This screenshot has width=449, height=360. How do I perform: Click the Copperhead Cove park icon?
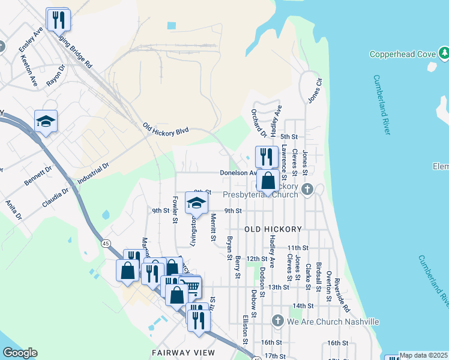[x=444, y=55]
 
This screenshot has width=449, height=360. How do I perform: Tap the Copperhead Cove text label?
[x=402, y=55]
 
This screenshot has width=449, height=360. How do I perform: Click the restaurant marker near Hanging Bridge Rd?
[x=58, y=20]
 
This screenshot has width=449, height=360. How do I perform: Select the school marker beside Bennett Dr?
[x=46, y=122]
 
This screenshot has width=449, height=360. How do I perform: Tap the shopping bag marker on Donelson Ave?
[x=268, y=180]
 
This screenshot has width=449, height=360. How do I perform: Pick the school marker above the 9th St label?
[x=196, y=204]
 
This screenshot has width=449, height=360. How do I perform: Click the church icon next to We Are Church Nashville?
[x=277, y=321]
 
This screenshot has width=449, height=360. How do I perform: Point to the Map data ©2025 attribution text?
[x=423, y=355]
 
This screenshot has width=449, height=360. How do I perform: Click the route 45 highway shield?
[x=106, y=243]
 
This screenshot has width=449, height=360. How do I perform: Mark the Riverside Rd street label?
[x=342, y=295]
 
